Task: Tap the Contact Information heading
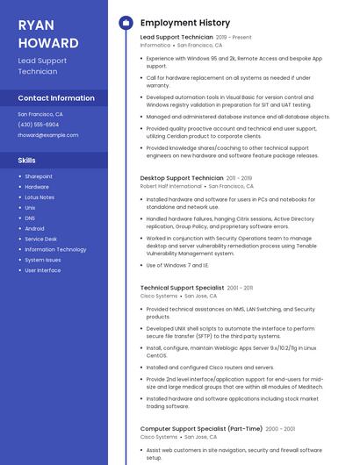point(56,98)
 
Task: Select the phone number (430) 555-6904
point(39,125)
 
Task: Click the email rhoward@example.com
point(47,135)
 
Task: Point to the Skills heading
point(26,161)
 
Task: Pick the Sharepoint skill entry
point(39,176)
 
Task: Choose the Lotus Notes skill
point(40,197)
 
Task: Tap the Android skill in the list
point(34,228)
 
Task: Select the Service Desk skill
point(40,239)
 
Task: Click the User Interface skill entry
point(43,270)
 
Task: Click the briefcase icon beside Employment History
point(126,23)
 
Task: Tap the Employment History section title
point(185,23)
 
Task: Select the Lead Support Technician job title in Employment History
point(176,38)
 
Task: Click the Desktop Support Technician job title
point(182,178)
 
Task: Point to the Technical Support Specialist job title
point(182,288)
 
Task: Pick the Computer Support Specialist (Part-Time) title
point(201,429)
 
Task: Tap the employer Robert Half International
point(171,186)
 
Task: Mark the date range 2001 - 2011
point(240,288)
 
